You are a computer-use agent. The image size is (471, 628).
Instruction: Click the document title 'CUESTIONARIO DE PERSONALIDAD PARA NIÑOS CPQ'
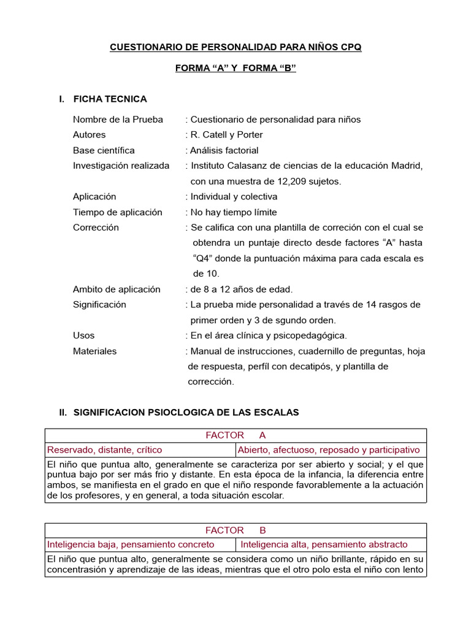235,47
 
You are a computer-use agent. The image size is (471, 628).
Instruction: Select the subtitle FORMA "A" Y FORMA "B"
235,69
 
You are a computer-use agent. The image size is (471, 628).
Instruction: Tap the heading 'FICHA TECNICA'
110,99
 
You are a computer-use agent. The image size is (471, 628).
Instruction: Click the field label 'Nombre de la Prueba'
118,120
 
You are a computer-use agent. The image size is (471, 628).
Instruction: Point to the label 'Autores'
89,135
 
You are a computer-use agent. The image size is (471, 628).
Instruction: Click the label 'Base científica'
104,150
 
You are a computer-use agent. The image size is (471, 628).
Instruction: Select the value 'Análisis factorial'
222,150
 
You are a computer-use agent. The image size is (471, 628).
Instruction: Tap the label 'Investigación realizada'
121,166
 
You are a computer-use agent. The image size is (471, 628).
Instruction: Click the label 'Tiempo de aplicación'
118,212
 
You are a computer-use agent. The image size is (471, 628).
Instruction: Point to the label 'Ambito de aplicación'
117,289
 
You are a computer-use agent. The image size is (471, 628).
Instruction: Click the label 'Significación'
99,305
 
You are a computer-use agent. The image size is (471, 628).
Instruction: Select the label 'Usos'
84,335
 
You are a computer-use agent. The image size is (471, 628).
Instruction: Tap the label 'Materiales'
94,351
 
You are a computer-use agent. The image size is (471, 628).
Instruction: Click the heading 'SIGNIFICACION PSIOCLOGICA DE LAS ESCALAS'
186,413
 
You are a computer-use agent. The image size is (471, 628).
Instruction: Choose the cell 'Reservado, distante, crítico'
105,450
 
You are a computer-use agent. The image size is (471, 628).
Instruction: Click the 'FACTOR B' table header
235,530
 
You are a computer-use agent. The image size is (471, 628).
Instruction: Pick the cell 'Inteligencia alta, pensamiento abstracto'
324,545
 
